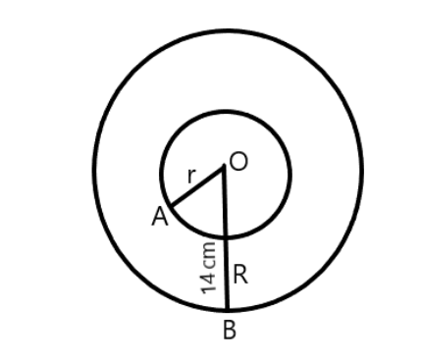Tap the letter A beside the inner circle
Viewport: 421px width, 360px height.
pos(159,219)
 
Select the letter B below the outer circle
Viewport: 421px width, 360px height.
pos(229,330)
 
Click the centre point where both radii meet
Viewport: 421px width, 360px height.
pos(225,167)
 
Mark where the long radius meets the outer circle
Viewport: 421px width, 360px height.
pos(228,308)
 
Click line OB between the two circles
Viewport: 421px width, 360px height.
pos(227,275)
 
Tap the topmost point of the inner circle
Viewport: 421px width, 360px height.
pos(225,111)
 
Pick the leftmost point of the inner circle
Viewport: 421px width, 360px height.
pos(161,175)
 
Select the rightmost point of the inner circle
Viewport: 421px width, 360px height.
pos(289,175)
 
